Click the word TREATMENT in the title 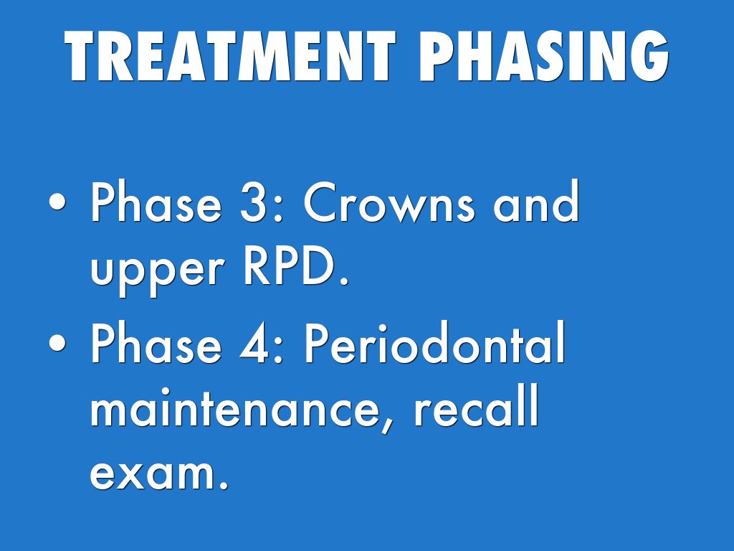click(230, 56)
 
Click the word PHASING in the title click(544, 56)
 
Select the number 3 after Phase click(254, 202)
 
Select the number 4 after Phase click(254, 343)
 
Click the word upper click(156, 270)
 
